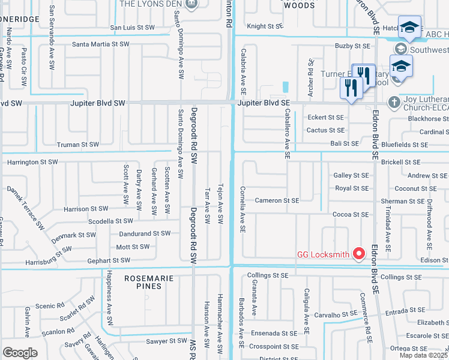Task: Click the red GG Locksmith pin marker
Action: (360, 254)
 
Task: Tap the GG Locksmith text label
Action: (323, 254)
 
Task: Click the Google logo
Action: (20, 352)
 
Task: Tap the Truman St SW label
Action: (77, 145)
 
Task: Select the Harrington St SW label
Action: (32, 162)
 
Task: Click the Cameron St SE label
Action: (277, 200)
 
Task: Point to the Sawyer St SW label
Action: (167, 340)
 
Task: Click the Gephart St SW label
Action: (108, 260)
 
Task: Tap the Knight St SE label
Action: (264, 26)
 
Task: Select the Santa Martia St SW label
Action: (101, 44)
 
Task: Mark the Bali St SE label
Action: (345, 143)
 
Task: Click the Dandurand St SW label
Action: (145, 233)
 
